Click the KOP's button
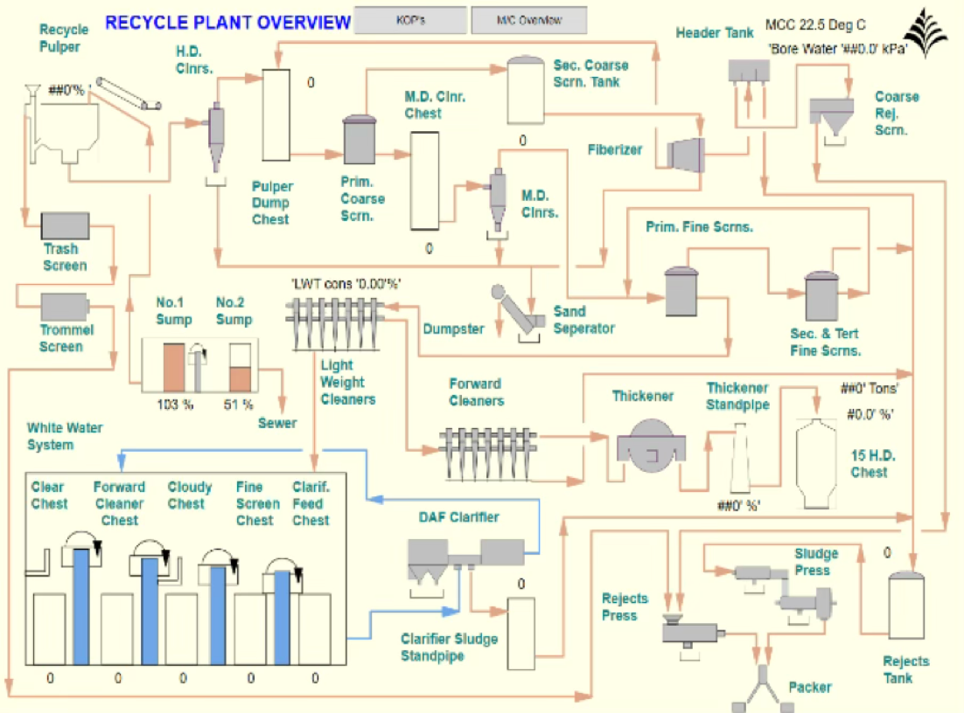pyautogui.click(x=410, y=19)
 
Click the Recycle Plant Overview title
pyautogui.click(x=227, y=23)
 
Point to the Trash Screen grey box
pyautogui.click(x=66, y=225)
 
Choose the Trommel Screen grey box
pyautogui.click(x=65, y=305)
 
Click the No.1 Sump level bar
pyautogui.click(x=173, y=367)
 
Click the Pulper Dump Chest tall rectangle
pyautogui.click(x=276, y=114)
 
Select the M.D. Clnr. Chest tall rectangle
pyautogui.click(x=423, y=181)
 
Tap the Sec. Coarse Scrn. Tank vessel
pyautogui.click(x=527, y=89)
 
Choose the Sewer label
pyautogui.click(x=277, y=423)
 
